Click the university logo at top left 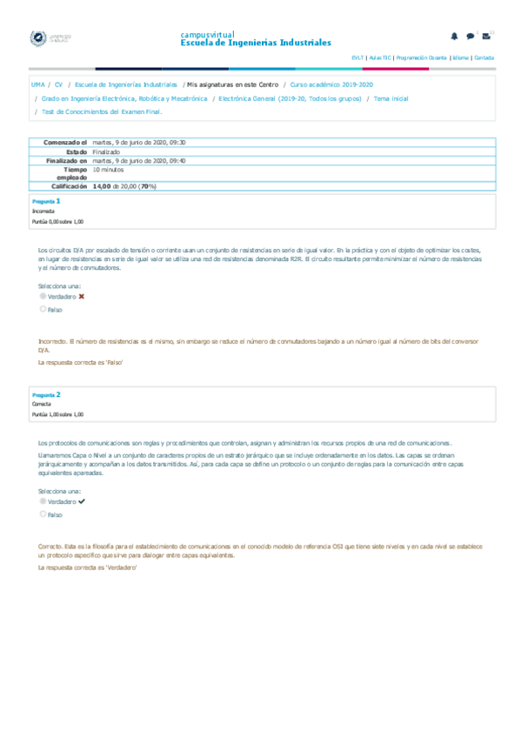tap(50, 39)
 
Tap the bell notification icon tap(454, 36)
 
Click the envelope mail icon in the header tap(486, 36)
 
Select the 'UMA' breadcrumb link tap(37, 85)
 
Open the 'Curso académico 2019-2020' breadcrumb tap(331, 85)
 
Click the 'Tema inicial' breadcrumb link tap(391, 99)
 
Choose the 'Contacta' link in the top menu tap(484, 57)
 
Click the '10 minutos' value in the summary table tap(109, 170)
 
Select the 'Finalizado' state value tap(106, 151)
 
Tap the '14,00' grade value tap(105, 186)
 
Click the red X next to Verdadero tap(81, 296)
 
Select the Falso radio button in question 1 tap(43, 309)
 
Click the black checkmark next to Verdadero tap(81, 502)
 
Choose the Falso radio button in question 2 tap(43, 514)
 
